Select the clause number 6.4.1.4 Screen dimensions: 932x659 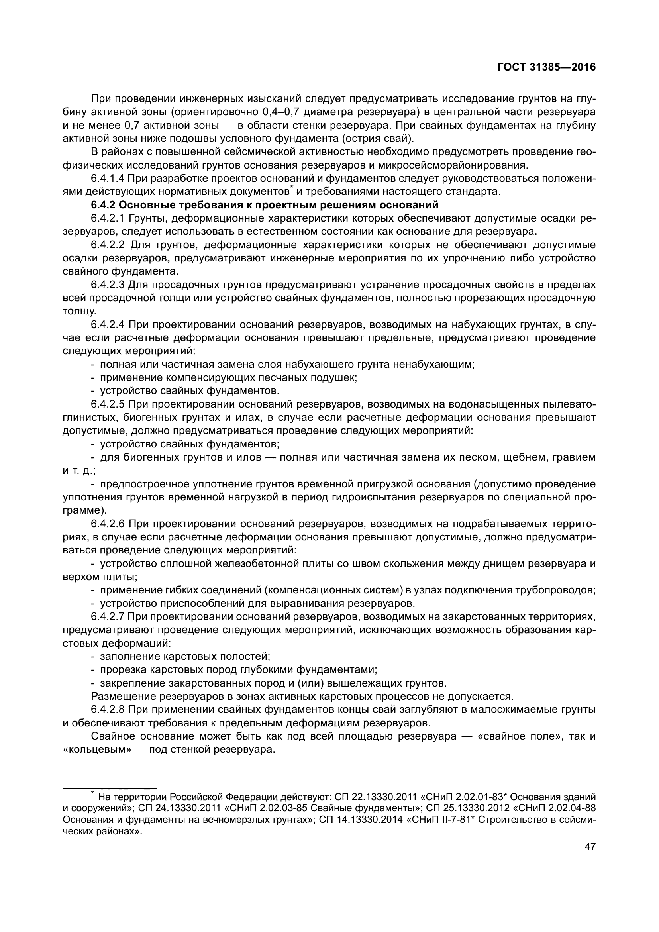[108, 179]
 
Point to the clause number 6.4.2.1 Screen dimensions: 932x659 [108, 219]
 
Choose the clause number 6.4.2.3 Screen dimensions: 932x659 [108, 285]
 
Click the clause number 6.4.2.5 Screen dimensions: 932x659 [108, 404]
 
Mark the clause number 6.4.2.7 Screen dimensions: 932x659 [108, 617]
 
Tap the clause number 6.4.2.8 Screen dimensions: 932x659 [108, 710]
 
